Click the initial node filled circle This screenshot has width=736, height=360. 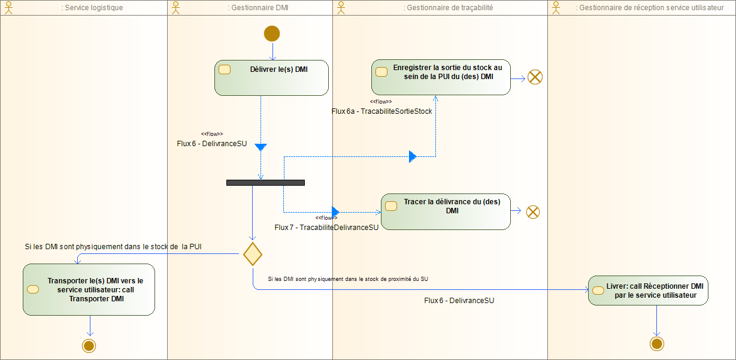[272, 34]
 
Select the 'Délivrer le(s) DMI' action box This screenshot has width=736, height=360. [271, 78]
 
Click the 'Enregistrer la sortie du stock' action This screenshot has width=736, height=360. [441, 77]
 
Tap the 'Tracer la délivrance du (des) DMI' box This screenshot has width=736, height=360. [446, 211]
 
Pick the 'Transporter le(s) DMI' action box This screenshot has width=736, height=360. [89, 289]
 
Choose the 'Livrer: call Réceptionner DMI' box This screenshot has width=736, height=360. [648, 291]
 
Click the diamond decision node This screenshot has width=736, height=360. [253, 254]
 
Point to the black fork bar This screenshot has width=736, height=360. [265, 183]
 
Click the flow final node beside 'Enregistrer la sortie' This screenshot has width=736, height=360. [535, 77]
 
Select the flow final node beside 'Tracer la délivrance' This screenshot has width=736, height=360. [532, 211]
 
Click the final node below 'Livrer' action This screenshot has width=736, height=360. [656, 343]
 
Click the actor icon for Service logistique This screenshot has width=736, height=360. [9, 7]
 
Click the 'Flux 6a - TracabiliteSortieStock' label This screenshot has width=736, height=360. [381, 111]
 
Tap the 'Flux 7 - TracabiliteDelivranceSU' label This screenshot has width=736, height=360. [326, 228]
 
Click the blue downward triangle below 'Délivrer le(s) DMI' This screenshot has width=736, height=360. [261, 147]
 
